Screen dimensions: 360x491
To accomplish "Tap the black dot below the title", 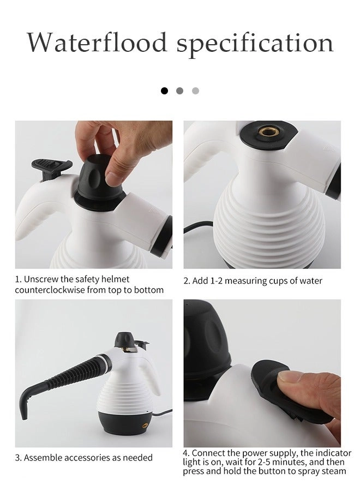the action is [x=164, y=91].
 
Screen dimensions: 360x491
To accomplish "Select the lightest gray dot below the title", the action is [x=195, y=91].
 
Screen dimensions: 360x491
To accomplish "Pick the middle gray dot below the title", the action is [x=179, y=91].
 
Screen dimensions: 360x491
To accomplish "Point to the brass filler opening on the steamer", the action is [x=267, y=131].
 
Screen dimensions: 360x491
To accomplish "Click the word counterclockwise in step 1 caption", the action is [x=50, y=290].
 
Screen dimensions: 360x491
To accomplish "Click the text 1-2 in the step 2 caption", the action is [x=216, y=280].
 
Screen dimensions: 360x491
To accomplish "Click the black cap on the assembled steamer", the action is [x=124, y=340].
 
